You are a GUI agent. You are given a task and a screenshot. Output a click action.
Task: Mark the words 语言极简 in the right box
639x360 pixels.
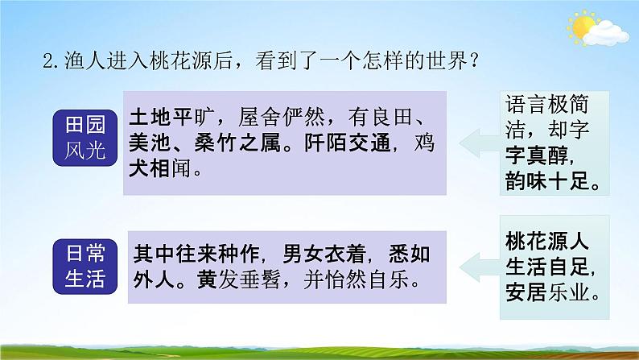548,104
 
